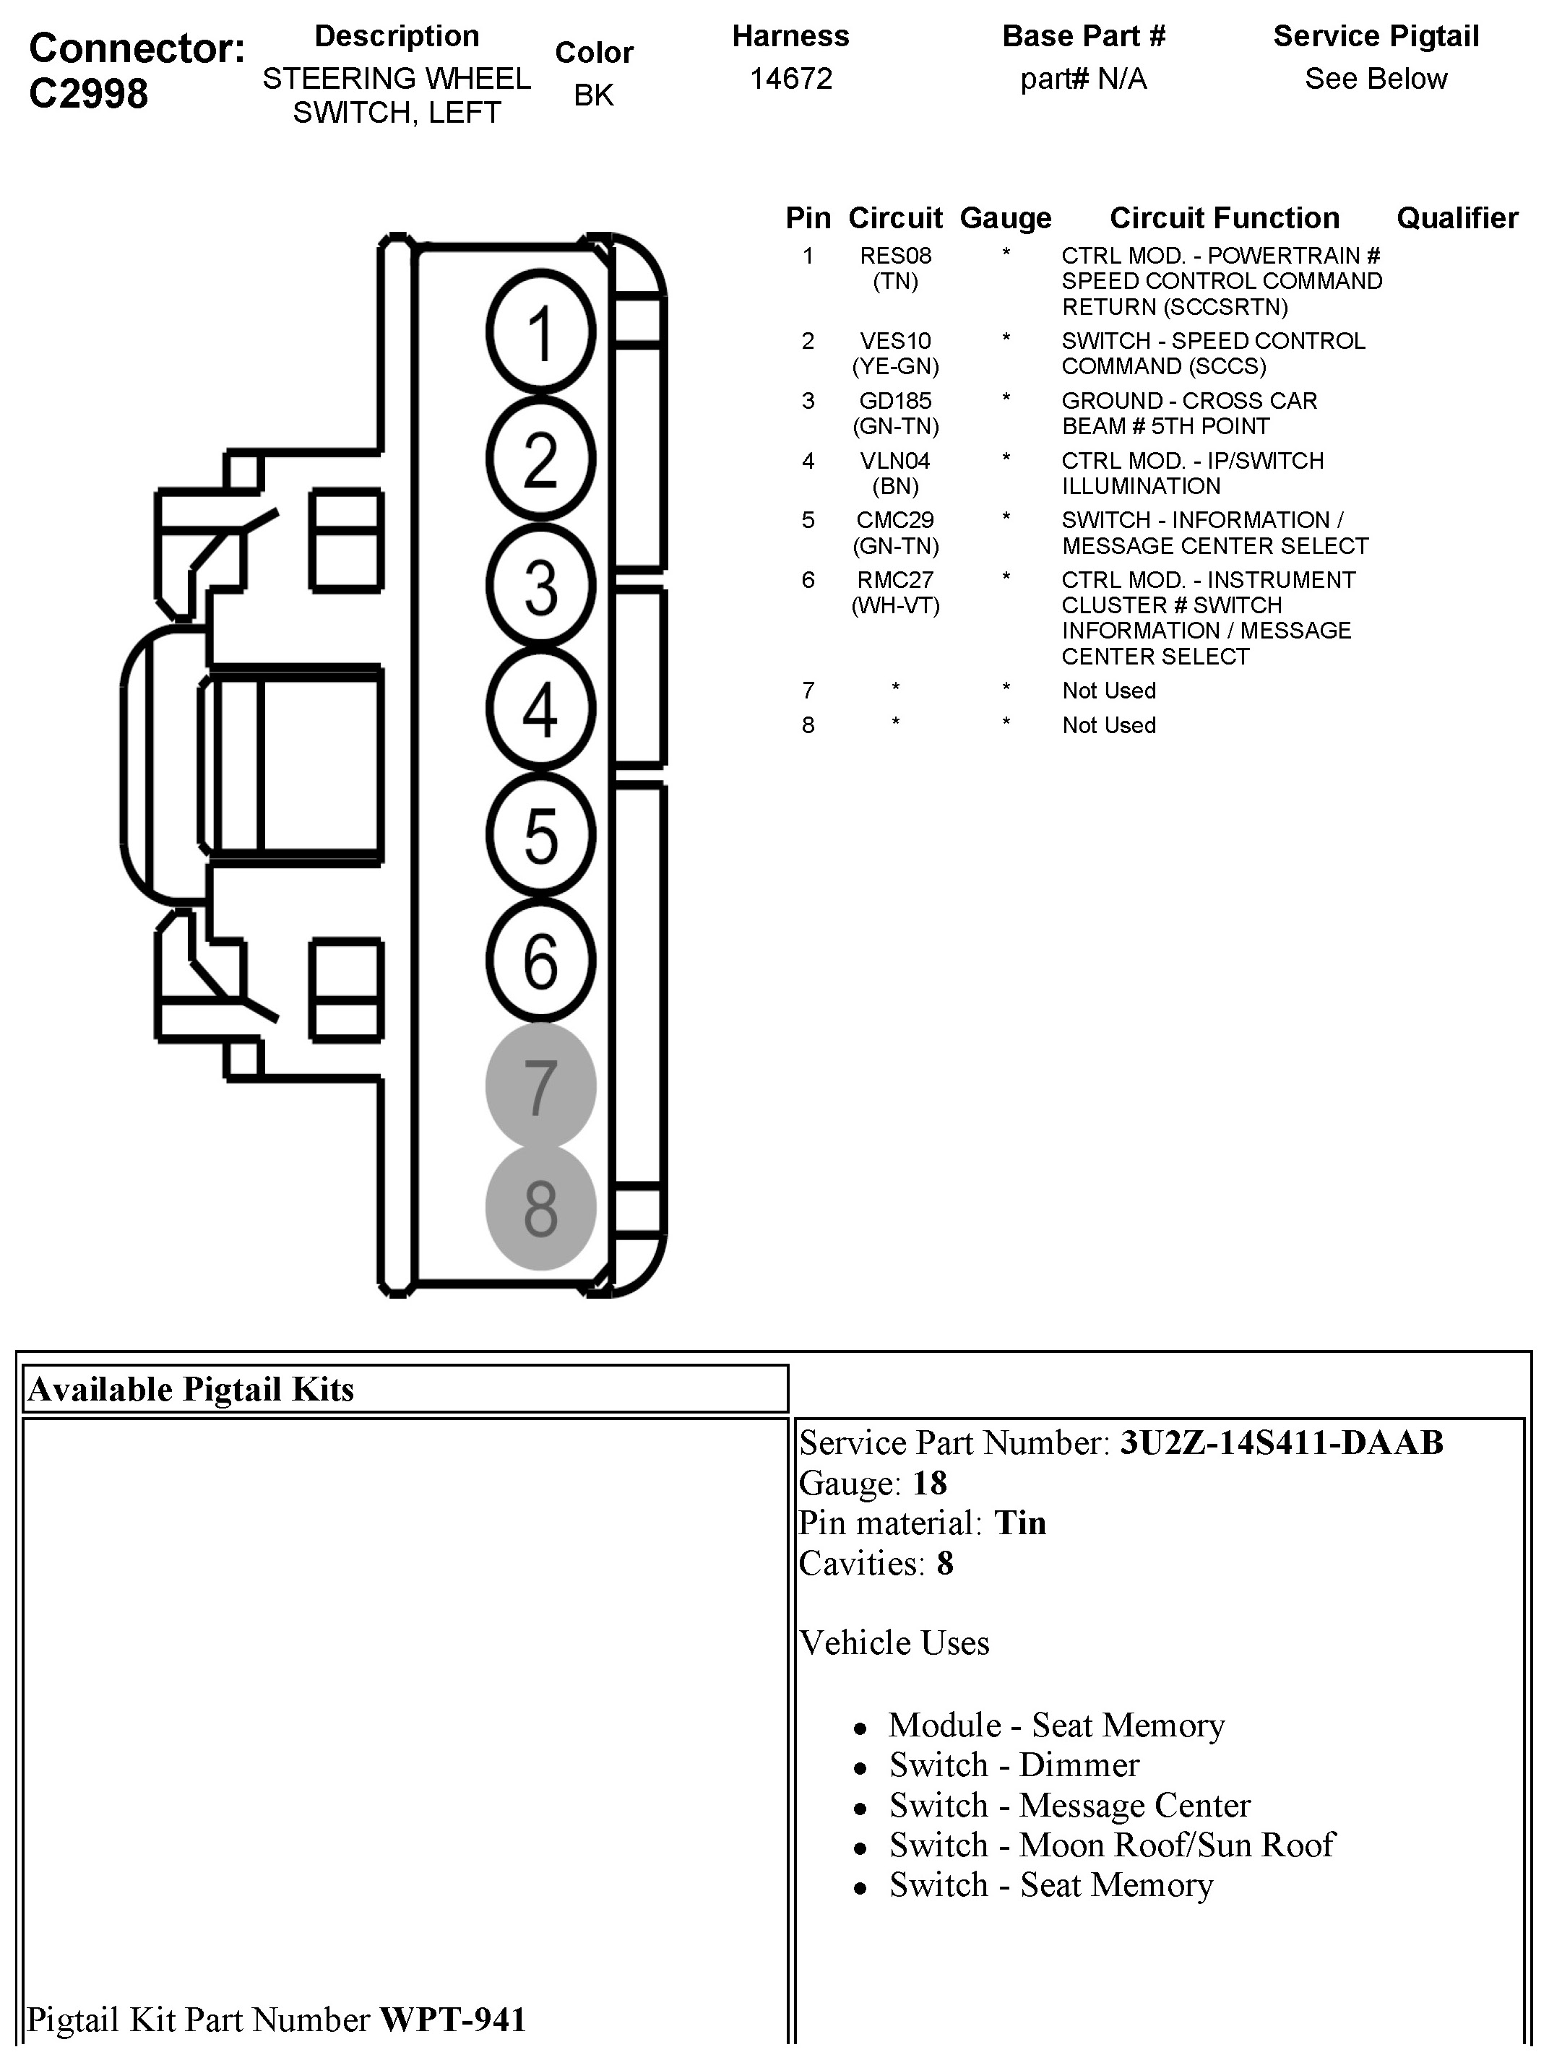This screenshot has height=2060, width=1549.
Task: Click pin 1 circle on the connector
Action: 540,332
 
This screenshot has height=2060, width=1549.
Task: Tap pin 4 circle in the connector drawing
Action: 540,709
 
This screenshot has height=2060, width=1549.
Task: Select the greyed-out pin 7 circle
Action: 540,1086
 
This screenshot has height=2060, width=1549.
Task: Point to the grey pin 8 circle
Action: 540,1208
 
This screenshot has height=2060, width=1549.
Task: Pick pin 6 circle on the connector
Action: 540,960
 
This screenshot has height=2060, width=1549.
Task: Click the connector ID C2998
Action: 88,93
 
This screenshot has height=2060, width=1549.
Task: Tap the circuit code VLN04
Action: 895,461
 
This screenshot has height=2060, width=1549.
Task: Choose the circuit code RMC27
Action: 895,580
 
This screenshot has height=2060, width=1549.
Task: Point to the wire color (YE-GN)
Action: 895,367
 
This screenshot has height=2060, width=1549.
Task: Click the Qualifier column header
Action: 1457,218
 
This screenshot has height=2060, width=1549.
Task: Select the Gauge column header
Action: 1005,218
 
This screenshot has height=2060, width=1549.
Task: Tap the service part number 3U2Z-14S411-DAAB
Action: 1281,1442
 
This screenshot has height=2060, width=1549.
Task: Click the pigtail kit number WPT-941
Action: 453,2019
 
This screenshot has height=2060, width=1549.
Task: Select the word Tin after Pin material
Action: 1020,1523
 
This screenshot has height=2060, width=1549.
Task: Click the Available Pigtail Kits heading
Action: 191,1388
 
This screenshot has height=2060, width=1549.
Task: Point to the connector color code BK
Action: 593,95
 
